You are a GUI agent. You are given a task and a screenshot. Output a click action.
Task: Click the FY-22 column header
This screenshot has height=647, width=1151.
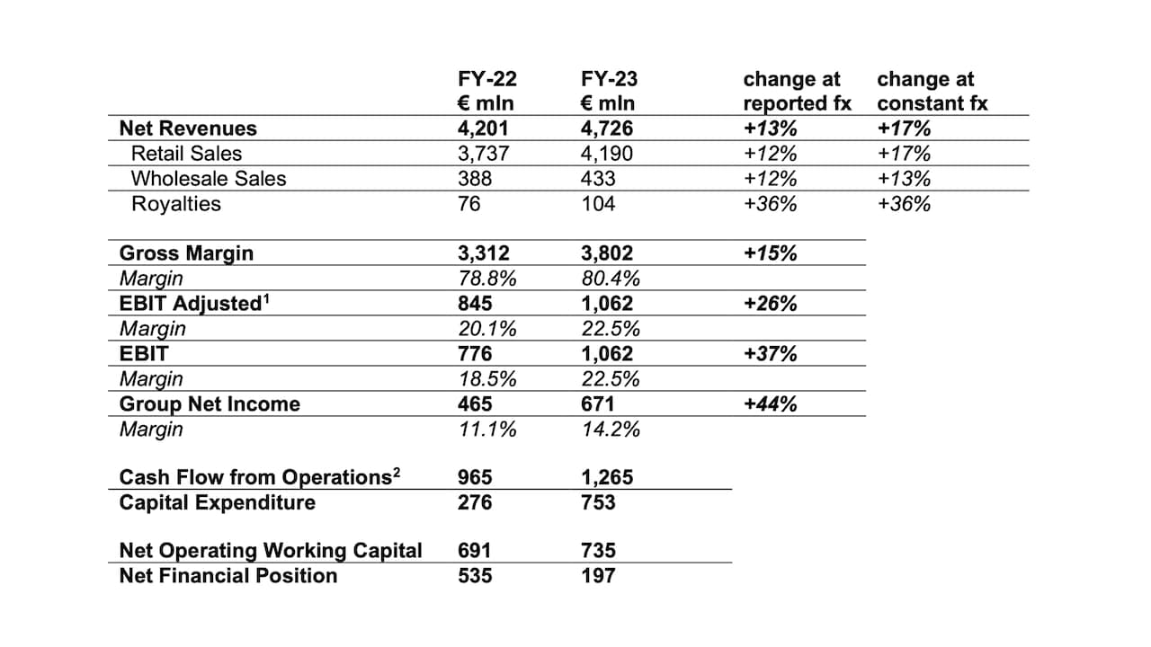point(486,91)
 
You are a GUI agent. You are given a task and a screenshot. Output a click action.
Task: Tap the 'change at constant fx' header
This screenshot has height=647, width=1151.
point(932,91)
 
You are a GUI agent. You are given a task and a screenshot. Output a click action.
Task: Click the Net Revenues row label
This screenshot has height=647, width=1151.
point(188,129)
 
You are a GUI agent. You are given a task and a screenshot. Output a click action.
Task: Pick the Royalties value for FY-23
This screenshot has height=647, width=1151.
point(598,204)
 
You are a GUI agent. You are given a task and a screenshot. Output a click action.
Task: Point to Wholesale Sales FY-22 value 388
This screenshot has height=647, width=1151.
point(475,179)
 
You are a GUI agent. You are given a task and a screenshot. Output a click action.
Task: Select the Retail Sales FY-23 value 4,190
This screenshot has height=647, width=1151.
point(607,154)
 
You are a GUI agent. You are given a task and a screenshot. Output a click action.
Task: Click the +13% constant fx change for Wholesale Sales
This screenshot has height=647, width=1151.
point(904,179)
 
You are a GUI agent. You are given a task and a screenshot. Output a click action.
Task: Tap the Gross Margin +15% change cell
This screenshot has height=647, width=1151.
point(770,253)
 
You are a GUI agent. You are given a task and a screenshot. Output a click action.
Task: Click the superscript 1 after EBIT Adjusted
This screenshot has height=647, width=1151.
point(266,297)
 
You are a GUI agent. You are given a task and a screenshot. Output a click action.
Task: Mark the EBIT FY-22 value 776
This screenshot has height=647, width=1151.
point(475,354)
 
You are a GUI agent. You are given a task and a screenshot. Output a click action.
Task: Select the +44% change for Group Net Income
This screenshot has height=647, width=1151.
point(770,404)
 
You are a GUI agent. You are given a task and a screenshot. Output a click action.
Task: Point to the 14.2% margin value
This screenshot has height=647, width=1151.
point(611,430)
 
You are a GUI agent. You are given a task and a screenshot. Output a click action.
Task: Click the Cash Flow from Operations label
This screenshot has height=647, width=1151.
point(254,478)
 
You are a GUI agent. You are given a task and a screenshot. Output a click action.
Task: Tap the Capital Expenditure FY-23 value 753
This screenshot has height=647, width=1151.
point(598,502)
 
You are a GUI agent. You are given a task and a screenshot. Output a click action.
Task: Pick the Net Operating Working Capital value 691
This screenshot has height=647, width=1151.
point(475,551)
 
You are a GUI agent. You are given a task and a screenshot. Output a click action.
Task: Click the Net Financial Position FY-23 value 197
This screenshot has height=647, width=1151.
point(598,576)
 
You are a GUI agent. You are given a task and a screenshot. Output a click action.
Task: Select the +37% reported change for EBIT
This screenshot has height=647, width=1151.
point(770,354)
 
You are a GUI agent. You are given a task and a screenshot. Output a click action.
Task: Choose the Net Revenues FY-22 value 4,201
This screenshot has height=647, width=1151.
point(483,129)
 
